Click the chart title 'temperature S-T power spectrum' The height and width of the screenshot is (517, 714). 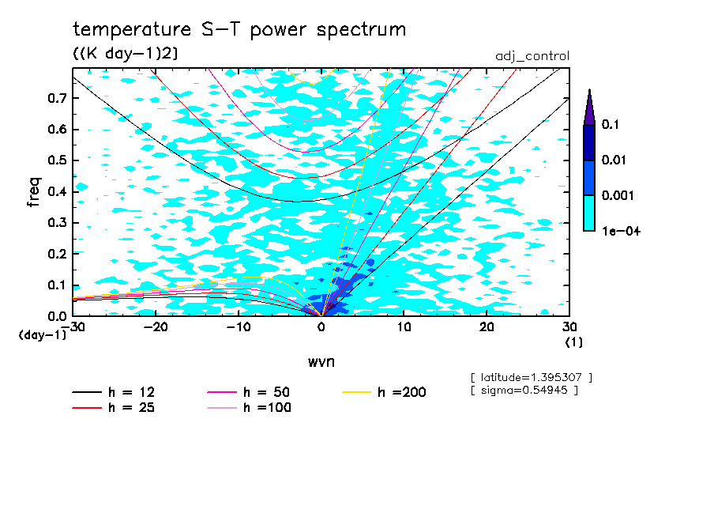(x=239, y=30)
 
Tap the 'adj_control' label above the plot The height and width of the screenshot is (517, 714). (x=532, y=56)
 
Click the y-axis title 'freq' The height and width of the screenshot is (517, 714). (x=33, y=192)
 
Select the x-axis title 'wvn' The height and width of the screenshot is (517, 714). (x=321, y=361)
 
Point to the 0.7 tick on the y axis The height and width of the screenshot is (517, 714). (x=58, y=98)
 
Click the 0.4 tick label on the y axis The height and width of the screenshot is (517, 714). (x=58, y=191)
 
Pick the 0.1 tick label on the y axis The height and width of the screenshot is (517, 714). (x=58, y=285)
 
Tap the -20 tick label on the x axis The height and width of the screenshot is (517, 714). (x=156, y=326)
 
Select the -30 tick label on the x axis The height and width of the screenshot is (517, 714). (x=73, y=326)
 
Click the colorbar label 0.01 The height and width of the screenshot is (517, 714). (x=615, y=160)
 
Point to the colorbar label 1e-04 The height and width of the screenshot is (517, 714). (x=620, y=231)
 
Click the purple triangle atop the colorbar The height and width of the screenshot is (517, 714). (x=589, y=107)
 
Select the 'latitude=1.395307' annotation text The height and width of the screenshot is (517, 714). (x=531, y=376)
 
